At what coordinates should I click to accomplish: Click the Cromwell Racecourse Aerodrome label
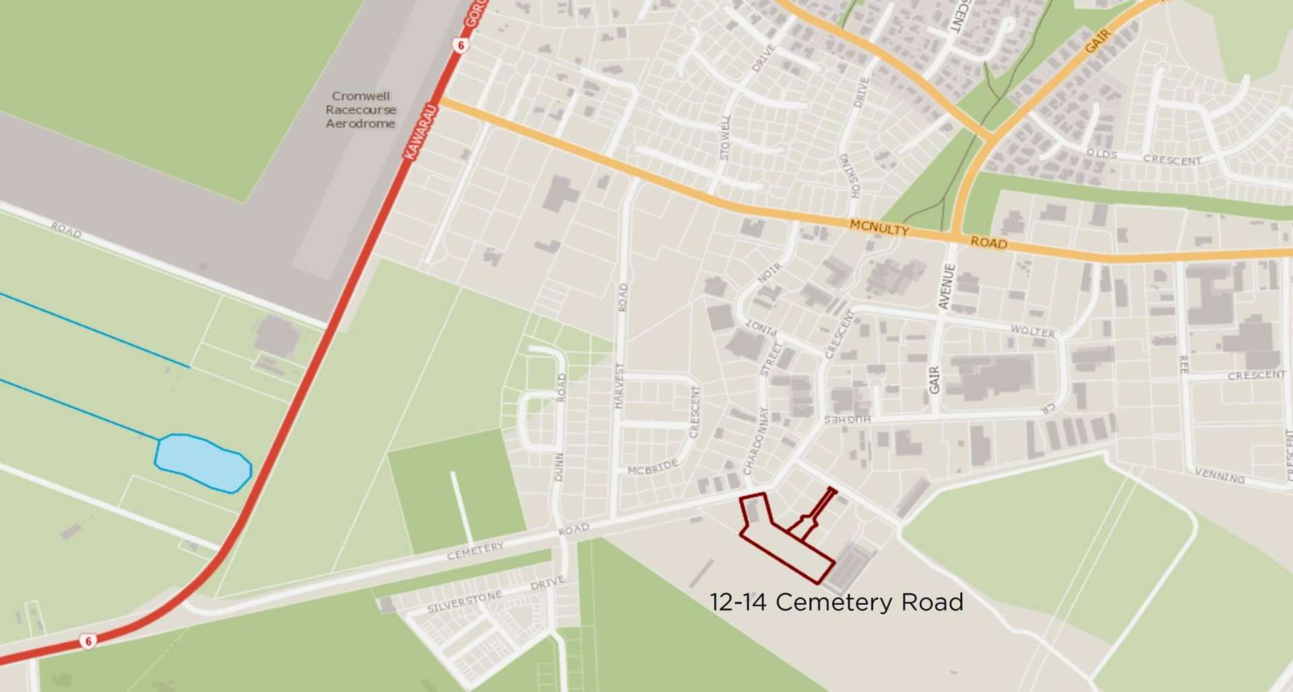click(x=360, y=110)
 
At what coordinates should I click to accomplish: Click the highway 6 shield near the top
click(x=460, y=45)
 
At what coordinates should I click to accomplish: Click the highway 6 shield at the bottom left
click(x=88, y=641)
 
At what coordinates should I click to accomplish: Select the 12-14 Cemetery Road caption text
click(x=836, y=602)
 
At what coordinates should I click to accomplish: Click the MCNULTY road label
click(x=879, y=228)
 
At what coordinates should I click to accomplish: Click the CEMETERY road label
click(x=476, y=551)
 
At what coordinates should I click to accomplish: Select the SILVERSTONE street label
click(x=465, y=602)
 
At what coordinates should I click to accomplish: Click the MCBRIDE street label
click(x=652, y=468)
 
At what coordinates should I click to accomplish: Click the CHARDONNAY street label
click(x=755, y=439)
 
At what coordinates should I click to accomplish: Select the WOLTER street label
click(x=1032, y=332)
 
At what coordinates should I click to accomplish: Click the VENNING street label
click(x=1219, y=476)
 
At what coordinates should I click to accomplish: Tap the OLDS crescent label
click(x=1102, y=154)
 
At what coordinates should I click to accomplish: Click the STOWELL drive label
click(x=725, y=137)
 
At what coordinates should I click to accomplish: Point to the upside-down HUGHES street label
click(x=848, y=419)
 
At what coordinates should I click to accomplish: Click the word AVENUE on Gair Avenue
click(x=947, y=287)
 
